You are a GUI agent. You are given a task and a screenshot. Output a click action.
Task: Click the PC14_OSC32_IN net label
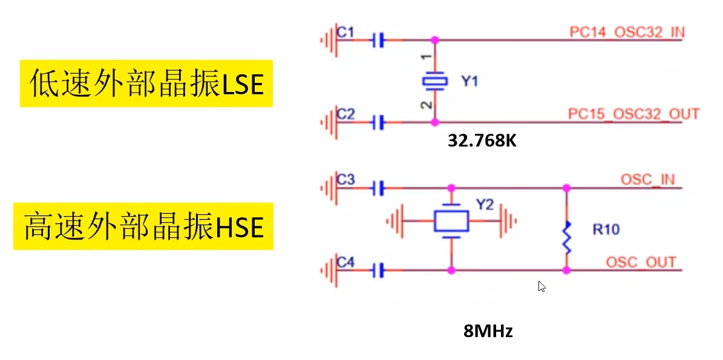(x=627, y=32)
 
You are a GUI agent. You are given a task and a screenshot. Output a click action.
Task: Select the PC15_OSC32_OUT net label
(x=633, y=114)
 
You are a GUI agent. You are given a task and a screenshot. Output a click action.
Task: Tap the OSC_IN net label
(x=647, y=180)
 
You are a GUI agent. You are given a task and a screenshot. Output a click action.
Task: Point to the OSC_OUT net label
(x=641, y=262)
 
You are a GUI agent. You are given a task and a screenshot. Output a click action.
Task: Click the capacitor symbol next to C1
(x=378, y=41)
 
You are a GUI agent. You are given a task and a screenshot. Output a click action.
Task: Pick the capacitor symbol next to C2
(x=378, y=123)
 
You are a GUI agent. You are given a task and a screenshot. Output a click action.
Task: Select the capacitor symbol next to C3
(x=378, y=188)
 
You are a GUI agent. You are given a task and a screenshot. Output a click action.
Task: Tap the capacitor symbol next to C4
(x=378, y=270)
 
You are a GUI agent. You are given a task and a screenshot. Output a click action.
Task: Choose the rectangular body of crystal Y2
(x=451, y=221)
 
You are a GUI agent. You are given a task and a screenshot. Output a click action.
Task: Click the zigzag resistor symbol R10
(x=567, y=237)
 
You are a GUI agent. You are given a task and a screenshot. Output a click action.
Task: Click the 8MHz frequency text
(x=488, y=331)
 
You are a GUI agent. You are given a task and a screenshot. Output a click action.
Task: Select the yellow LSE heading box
(x=146, y=83)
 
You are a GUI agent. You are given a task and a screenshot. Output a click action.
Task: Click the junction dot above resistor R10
(x=567, y=188)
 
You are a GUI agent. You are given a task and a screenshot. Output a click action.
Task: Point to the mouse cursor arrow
(x=541, y=286)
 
